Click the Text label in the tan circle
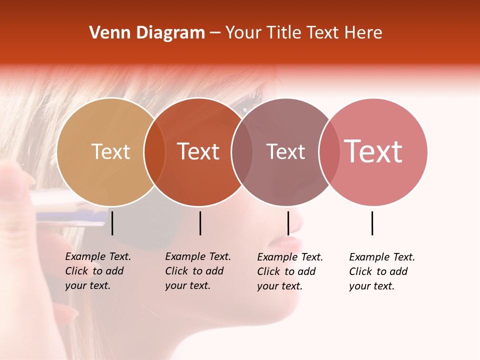[110, 151]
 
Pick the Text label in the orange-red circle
[198, 151]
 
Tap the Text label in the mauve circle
[285, 151]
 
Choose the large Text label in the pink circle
[373, 151]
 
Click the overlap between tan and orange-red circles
[154, 151]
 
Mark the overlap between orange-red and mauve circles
[242, 151]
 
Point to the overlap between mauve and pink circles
[329, 151]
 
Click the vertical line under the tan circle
[112, 223]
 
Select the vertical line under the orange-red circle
[200, 223]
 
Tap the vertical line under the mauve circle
[288, 223]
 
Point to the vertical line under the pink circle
[372, 223]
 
